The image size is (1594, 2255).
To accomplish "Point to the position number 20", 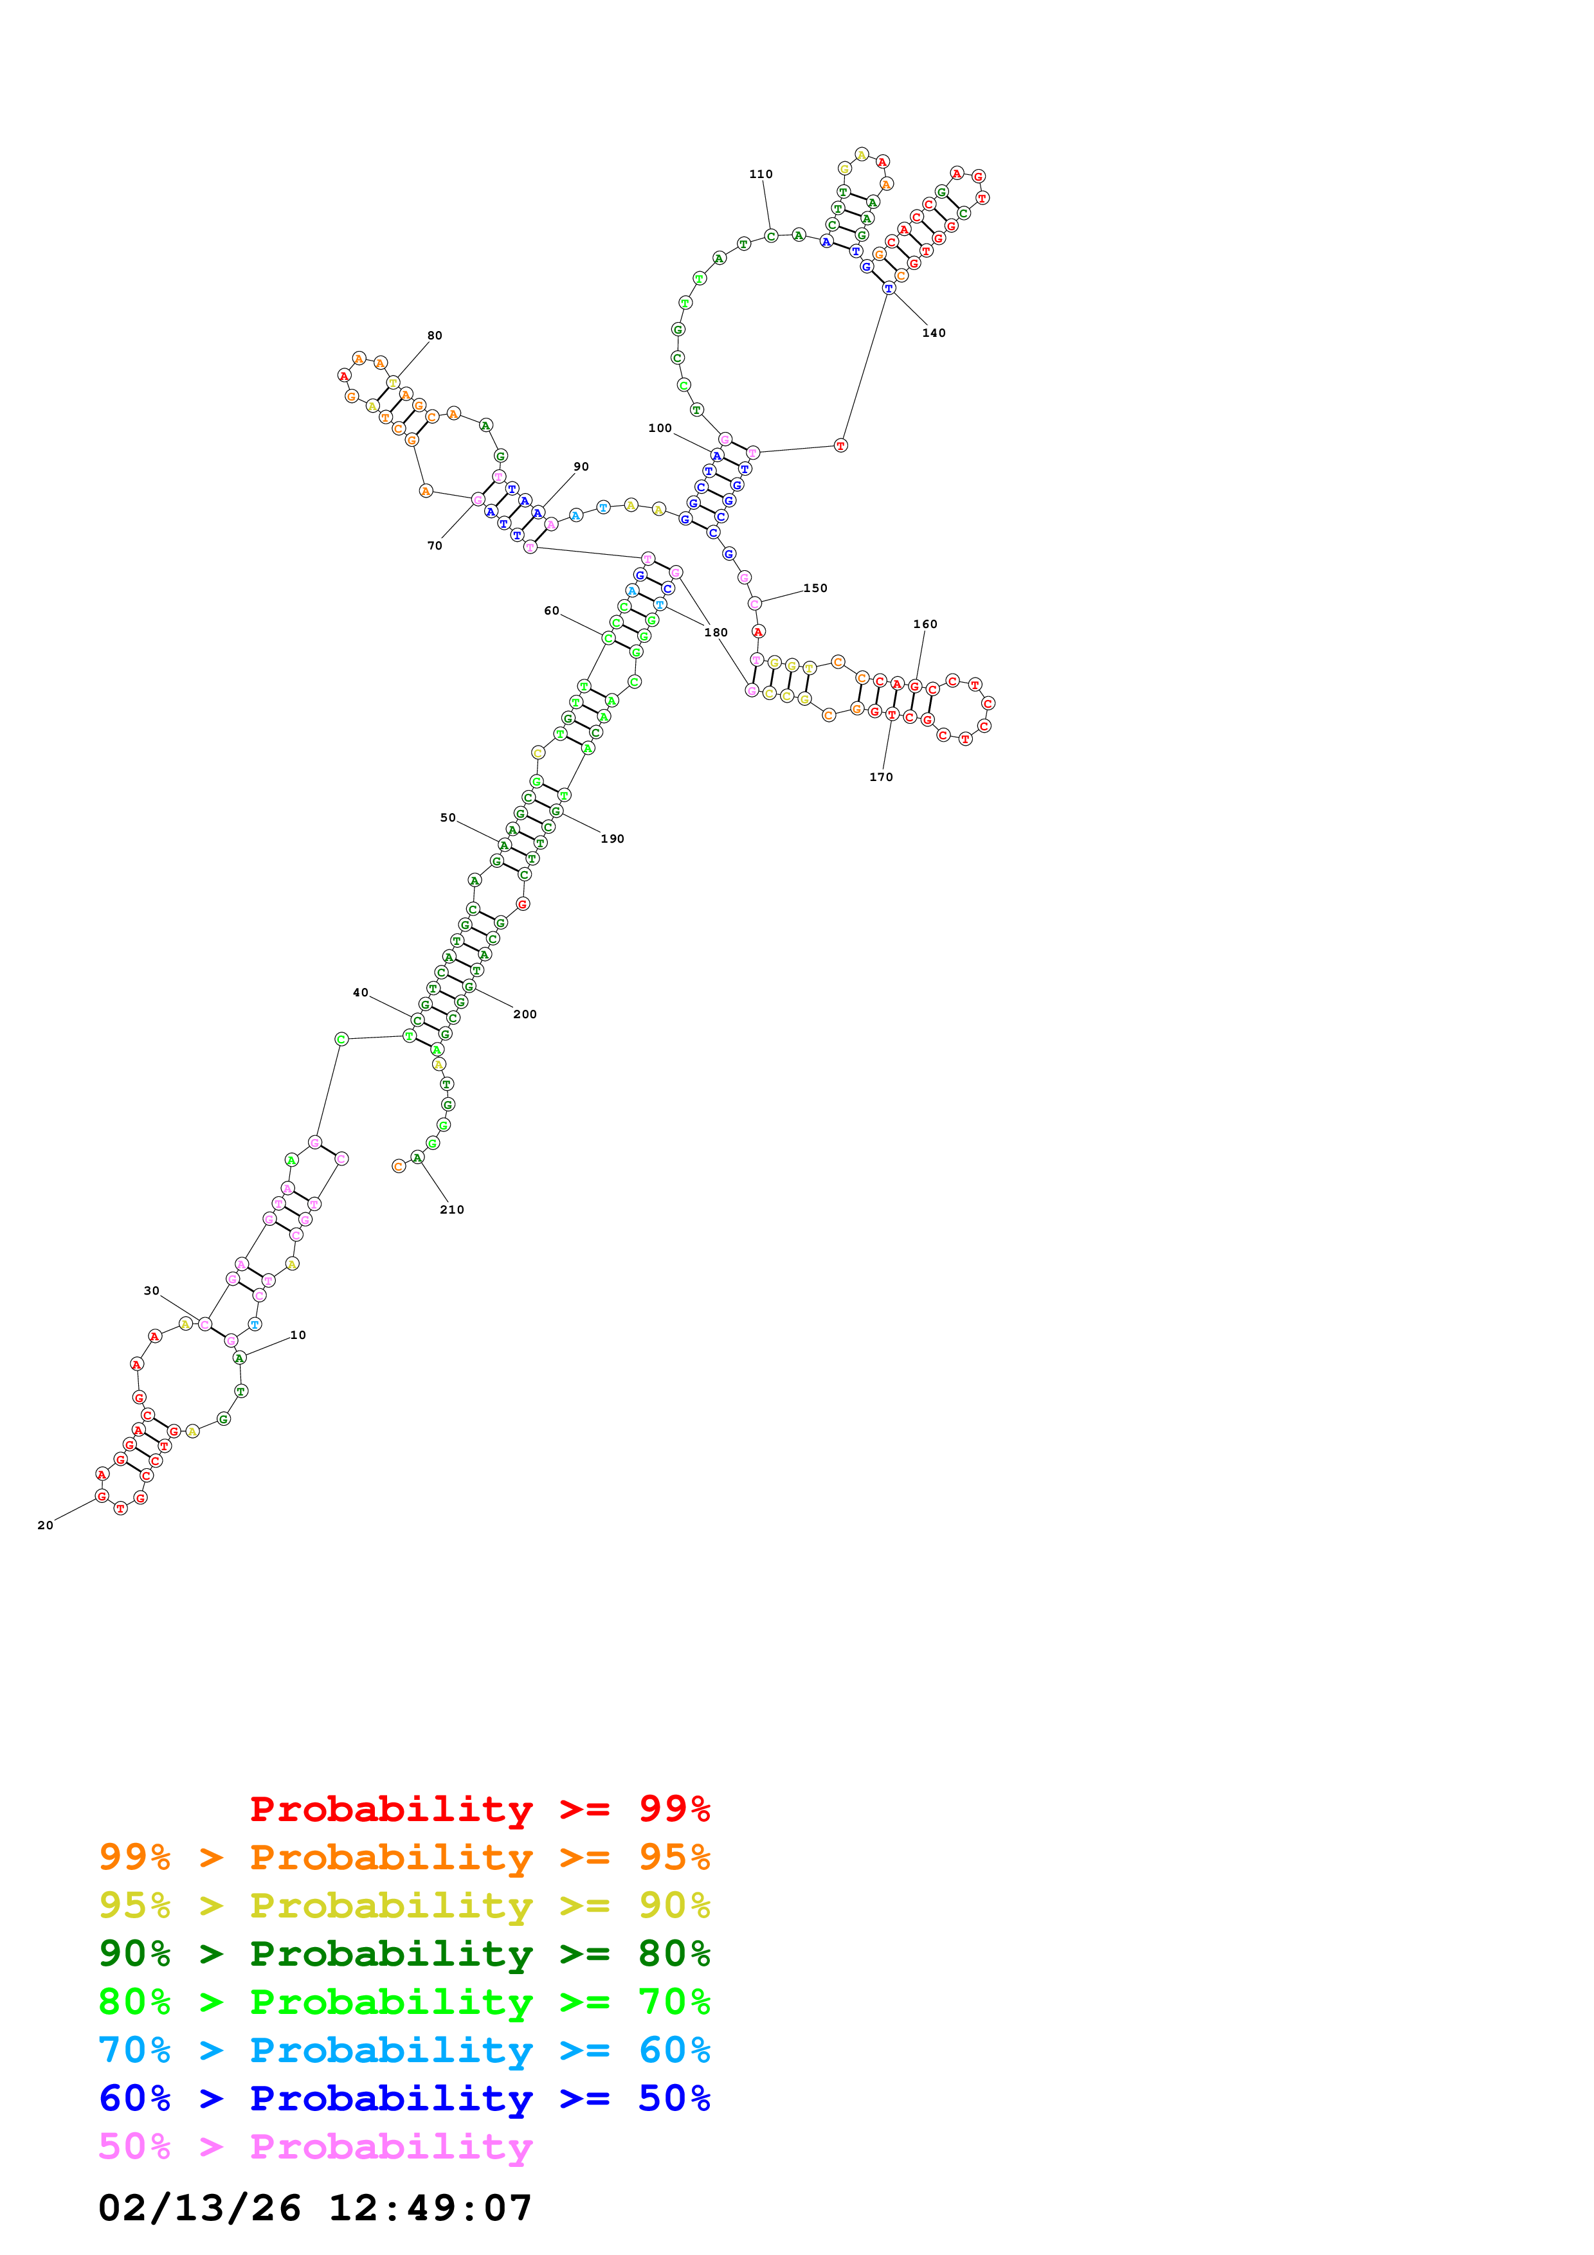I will pos(45,1525).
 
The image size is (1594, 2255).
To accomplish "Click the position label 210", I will pos(452,1210).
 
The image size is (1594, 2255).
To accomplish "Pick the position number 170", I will pos(881,777).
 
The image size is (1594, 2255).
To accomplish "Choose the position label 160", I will pos(925,624).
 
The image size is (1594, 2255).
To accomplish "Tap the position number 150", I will pos(815,588).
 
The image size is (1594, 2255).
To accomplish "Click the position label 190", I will pos(612,839).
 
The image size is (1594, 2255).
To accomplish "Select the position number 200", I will pos(525,1014).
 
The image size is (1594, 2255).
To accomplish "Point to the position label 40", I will pos(361,993).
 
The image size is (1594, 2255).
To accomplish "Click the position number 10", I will pos(298,1334).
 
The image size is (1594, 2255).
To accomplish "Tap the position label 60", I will pos(551,611).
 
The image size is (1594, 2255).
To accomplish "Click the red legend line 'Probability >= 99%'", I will pos(479,1808).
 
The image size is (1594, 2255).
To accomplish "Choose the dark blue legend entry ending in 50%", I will pos(404,2098).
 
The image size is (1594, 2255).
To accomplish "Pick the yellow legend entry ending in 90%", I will pos(404,1905).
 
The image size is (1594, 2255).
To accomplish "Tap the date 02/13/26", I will pos(199,2208).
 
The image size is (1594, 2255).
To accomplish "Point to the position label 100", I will pos(660,428).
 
